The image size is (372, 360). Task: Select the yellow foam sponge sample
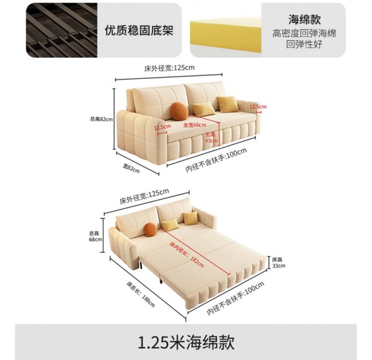[221, 30]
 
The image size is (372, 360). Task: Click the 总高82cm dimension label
[101, 119]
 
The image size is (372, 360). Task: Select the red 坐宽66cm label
[195, 124]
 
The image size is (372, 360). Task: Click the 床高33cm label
[278, 262]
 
